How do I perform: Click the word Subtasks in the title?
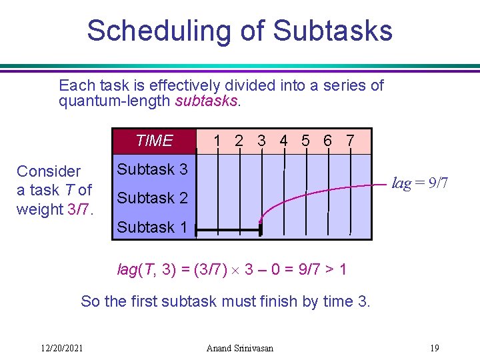(x=333, y=31)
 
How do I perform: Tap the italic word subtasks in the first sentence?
(x=205, y=102)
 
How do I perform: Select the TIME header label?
(x=154, y=141)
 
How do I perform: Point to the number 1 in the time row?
(x=217, y=141)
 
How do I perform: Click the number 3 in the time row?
(x=261, y=141)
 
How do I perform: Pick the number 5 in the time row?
(x=305, y=141)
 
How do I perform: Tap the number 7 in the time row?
(x=349, y=141)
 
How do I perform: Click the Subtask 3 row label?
(x=153, y=169)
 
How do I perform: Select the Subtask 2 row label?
(x=153, y=198)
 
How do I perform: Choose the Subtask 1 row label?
(x=153, y=227)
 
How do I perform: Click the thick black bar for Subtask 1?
(x=228, y=231)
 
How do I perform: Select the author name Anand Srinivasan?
(x=240, y=348)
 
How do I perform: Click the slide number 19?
(x=434, y=348)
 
